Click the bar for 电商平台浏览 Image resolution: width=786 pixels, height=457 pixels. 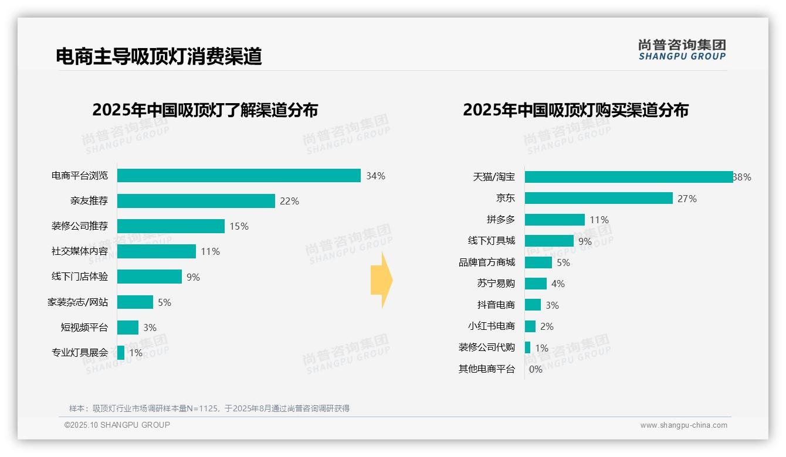pos(239,176)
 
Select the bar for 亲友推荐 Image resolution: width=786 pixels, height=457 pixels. pos(196,201)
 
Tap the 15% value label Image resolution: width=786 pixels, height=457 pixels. pos(239,226)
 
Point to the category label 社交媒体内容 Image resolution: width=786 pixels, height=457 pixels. pos(80,251)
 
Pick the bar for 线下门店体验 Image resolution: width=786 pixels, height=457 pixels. pos(150,277)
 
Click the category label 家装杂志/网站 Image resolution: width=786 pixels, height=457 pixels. pos(77,302)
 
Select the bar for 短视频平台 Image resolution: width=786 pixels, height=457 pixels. pos(128,328)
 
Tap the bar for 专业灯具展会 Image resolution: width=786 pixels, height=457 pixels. pos(121,353)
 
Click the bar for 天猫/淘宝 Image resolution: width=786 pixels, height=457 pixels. pos(629,177)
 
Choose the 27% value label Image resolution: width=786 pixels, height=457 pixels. pos(687,199)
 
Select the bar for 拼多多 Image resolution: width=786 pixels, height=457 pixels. pos(555,220)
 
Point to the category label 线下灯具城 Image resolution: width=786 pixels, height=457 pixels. pos(492,241)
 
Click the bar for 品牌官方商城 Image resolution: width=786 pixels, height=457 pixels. pos(538,262)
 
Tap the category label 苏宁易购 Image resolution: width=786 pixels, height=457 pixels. pos(496,284)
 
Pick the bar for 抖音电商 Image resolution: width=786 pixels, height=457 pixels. pos(533,305)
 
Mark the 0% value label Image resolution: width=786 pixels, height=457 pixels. pos(536,369)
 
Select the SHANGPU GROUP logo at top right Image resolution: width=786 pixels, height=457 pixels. pos(682,50)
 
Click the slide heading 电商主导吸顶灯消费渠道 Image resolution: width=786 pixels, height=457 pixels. pos(158,56)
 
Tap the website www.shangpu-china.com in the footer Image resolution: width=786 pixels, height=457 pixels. pos(683,425)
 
